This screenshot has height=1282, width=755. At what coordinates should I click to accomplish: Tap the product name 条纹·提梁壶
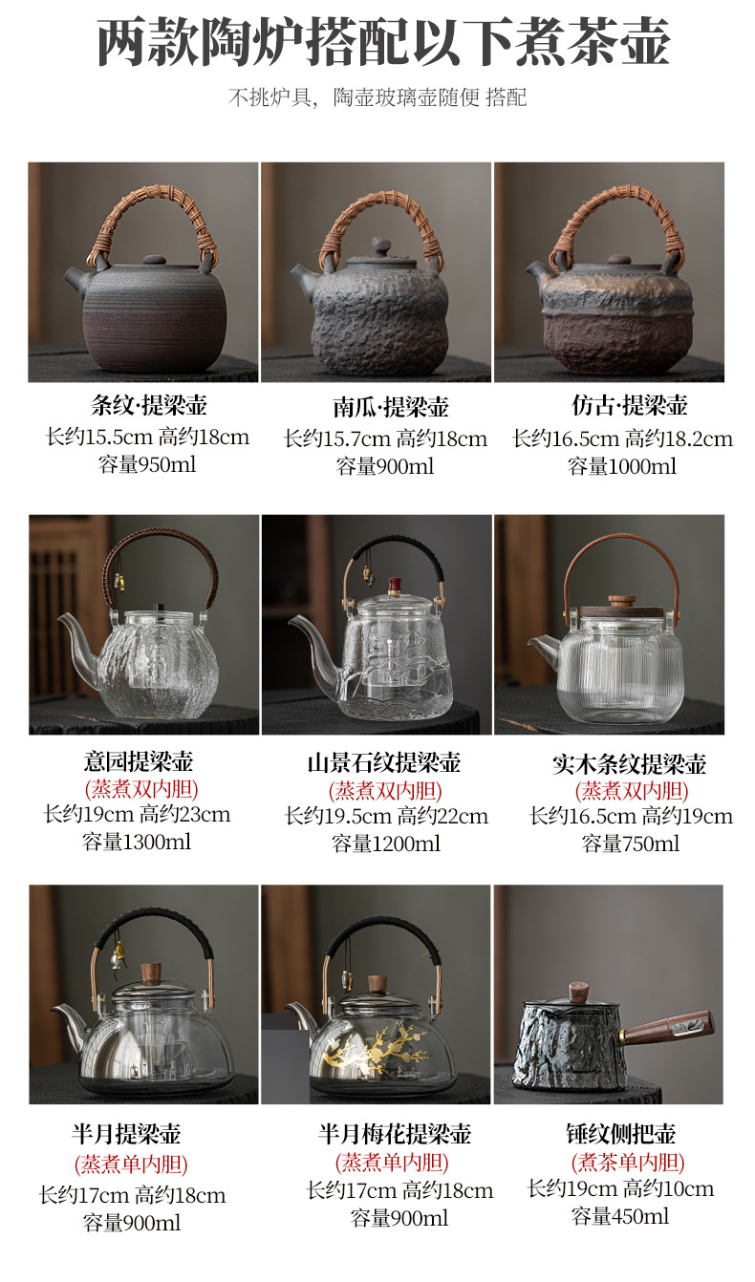click(x=149, y=405)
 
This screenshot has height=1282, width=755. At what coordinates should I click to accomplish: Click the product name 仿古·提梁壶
click(x=630, y=405)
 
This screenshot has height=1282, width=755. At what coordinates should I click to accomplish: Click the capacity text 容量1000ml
click(x=622, y=466)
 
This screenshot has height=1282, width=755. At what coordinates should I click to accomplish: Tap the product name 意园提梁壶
click(x=139, y=761)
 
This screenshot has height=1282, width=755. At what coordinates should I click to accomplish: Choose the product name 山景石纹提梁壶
click(x=384, y=762)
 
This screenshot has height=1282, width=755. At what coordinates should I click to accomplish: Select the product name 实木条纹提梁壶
click(x=630, y=764)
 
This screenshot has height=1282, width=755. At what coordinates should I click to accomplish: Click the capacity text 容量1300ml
click(x=137, y=842)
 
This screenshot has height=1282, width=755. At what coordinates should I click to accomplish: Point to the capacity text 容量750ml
click(x=630, y=844)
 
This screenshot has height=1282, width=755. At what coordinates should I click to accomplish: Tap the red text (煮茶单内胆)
click(x=628, y=1163)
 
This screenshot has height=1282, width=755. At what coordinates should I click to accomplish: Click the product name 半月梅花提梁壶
click(x=395, y=1135)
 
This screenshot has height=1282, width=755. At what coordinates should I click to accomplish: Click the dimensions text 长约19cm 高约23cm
click(x=138, y=815)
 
